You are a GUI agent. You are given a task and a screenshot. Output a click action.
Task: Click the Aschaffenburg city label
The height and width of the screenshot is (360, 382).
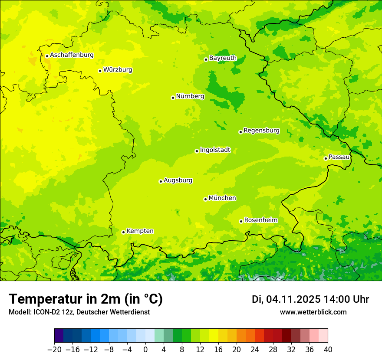[x=72, y=55]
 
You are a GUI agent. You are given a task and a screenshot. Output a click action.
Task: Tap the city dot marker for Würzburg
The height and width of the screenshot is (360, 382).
[x=100, y=71]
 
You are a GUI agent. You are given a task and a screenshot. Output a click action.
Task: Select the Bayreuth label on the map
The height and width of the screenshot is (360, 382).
[x=223, y=58]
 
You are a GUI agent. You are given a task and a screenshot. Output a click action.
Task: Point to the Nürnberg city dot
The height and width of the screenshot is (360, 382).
[x=173, y=98]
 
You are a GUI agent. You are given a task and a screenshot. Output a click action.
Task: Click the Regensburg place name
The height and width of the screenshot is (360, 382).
[x=261, y=131]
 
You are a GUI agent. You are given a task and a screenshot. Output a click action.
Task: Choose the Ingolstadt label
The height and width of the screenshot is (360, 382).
[x=215, y=150]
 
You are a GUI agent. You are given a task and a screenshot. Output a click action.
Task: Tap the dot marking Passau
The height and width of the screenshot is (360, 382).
[x=326, y=158]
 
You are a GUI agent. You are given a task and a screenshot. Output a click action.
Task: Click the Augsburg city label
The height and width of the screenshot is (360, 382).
[x=178, y=180]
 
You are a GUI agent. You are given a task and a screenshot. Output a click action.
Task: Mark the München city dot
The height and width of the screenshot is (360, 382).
[x=205, y=199]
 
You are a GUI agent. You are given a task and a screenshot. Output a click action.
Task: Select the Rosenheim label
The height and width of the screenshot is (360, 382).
[x=260, y=220]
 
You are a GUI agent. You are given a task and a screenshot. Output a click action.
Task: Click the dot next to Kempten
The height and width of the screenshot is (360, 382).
[x=123, y=232]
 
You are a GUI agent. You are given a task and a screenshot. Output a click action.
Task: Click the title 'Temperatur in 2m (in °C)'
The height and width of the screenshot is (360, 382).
[x=86, y=299]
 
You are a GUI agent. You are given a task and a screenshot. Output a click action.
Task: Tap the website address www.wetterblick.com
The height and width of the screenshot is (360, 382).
[x=313, y=312]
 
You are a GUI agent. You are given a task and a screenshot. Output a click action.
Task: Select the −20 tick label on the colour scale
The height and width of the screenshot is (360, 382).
[x=54, y=350]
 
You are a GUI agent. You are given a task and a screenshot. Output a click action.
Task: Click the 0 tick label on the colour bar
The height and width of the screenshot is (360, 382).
[x=145, y=350]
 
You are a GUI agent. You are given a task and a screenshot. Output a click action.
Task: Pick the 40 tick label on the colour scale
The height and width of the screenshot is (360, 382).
[x=328, y=350]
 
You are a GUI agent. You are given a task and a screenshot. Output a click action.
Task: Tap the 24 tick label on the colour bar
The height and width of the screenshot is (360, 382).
[x=255, y=350]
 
